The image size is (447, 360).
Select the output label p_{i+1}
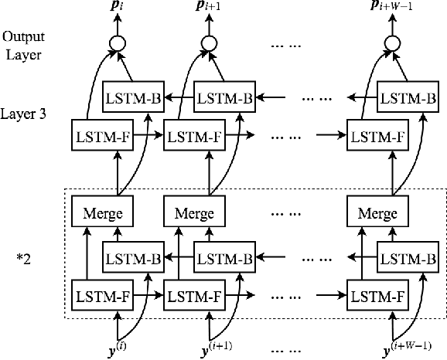coord(206,10)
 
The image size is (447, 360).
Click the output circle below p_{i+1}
coord(206,43)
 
